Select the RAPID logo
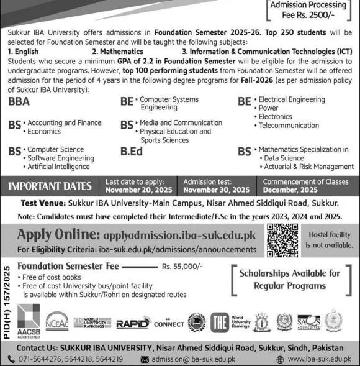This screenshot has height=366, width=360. (x=131, y=323)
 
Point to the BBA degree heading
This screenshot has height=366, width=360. (x=19, y=103)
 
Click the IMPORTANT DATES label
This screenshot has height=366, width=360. (x=50, y=186)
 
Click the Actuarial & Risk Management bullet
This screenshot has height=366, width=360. (x=308, y=167)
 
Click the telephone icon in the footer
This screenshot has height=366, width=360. (x=11, y=359)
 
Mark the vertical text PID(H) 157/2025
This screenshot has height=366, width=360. (x=7, y=300)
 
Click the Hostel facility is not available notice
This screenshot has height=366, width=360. (x=329, y=240)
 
